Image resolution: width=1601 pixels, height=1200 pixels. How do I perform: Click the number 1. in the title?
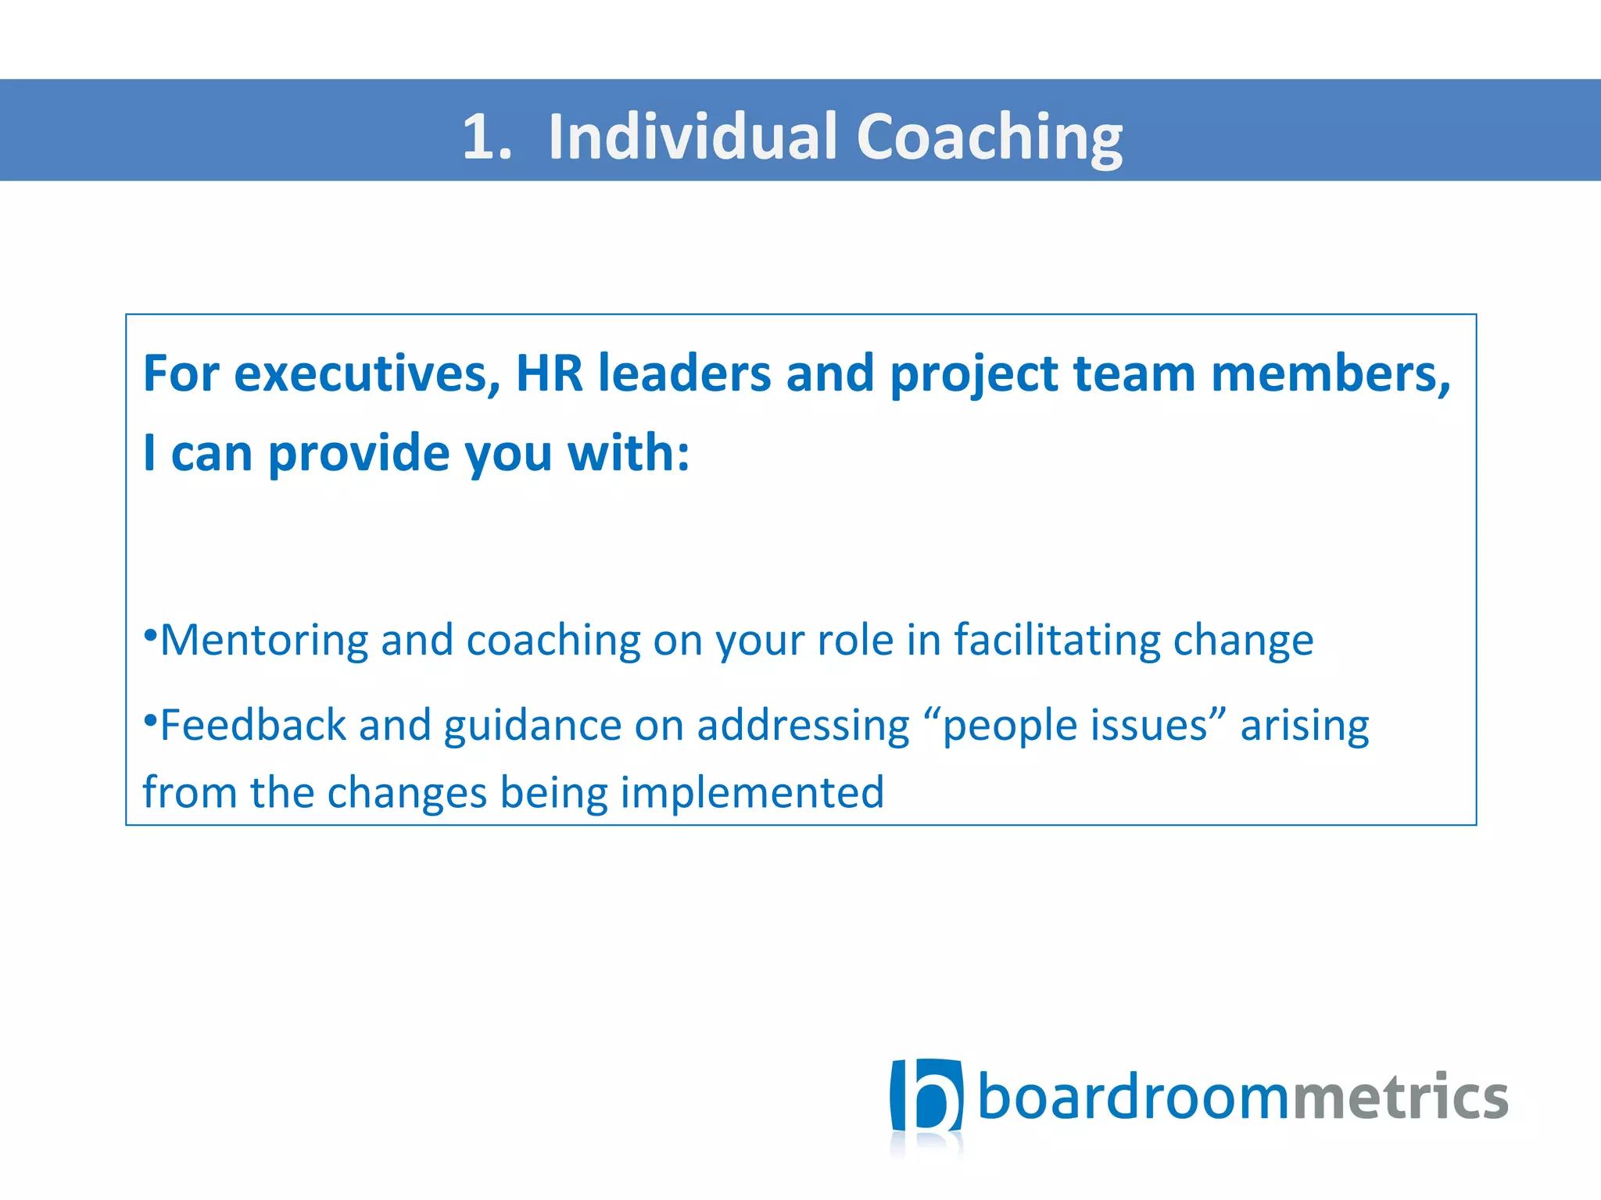tap(486, 137)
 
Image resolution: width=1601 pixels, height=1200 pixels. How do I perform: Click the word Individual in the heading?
tap(693, 137)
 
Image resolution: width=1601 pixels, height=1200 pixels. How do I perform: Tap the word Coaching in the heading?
tap(989, 137)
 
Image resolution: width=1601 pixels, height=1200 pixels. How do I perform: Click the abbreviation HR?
tap(549, 374)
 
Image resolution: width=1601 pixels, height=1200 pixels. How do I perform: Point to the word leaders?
tap(684, 374)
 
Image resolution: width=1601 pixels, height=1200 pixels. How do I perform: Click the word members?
tap(1329, 374)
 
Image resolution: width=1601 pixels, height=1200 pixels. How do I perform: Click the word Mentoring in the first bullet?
tap(264, 641)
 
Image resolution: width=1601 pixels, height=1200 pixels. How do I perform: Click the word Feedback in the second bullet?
tap(253, 725)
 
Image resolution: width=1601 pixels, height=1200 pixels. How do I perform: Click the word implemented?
tap(752, 793)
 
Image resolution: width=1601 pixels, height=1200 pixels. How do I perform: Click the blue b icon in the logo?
tap(926, 1096)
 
